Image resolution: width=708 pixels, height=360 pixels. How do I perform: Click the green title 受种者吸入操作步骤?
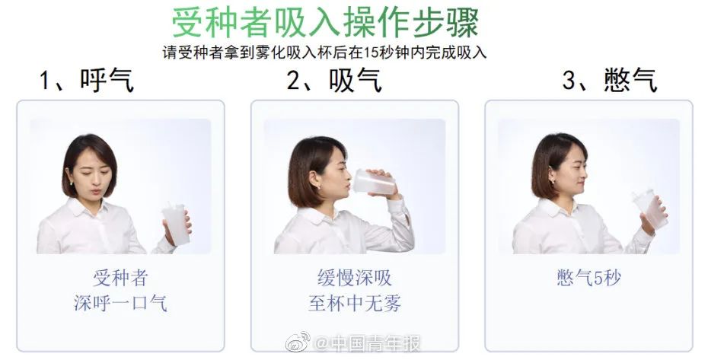pyautogui.click(x=325, y=23)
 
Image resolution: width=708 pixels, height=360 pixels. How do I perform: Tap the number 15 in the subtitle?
pyautogui.click(x=371, y=53)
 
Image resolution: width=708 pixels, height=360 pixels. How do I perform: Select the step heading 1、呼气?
pyautogui.click(x=87, y=81)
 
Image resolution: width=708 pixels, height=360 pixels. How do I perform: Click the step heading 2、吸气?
pyautogui.click(x=334, y=81)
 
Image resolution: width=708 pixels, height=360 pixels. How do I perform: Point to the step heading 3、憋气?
pyautogui.click(x=610, y=81)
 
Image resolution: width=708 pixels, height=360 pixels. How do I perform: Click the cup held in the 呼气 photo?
pyautogui.click(x=176, y=225)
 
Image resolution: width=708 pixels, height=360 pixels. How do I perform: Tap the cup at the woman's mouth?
pyautogui.click(x=375, y=183)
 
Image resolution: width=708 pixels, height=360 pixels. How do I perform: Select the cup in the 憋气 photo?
pyautogui.click(x=649, y=209)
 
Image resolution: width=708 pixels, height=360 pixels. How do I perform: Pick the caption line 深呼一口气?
pyautogui.click(x=120, y=303)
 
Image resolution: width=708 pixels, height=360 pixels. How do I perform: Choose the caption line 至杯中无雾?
pyautogui.click(x=355, y=303)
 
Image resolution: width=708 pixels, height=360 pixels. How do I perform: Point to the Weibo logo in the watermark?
pyautogui.click(x=298, y=342)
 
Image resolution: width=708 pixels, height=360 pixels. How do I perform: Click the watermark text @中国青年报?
pyautogui.click(x=367, y=344)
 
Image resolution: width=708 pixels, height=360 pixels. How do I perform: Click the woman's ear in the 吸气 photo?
pyautogui.click(x=314, y=177)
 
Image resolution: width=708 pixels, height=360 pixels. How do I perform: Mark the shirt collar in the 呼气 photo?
pyautogui.click(x=88, y=209)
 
